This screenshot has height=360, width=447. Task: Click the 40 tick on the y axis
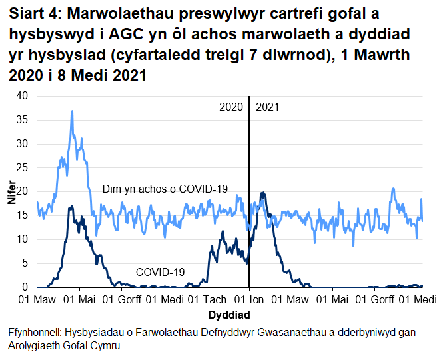click(x=23, y=96)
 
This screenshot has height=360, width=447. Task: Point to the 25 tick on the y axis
click(x=23, y=167)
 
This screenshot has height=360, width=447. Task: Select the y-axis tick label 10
click(x=23, y=239)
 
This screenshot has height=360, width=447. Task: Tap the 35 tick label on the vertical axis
click(x=23, y=120)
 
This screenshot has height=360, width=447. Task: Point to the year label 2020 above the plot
click(x=231, y=107)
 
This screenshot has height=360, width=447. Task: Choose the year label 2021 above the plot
click(x=267, y=107)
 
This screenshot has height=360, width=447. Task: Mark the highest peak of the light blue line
click(x=72, y=111)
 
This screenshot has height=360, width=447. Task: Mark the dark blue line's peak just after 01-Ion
click(x=264, y=193)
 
